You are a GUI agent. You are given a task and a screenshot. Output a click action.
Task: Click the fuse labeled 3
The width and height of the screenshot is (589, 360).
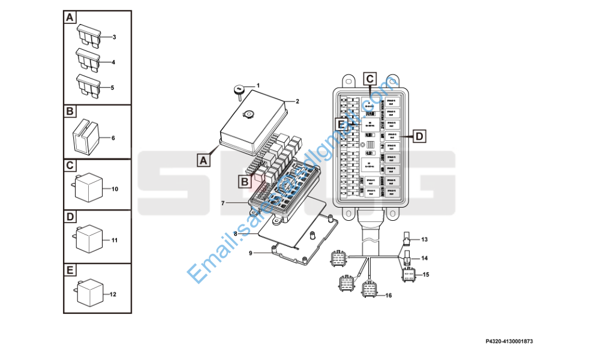point(87,35)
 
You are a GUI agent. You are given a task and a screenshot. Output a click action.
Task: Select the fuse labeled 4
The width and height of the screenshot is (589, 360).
point(87,60)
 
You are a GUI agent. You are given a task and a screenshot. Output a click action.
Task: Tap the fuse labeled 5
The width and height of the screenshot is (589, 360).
point(87,85)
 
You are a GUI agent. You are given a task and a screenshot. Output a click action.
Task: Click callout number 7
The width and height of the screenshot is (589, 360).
point(223,203)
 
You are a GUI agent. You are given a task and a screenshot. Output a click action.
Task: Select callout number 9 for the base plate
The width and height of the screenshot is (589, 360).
point(251,253)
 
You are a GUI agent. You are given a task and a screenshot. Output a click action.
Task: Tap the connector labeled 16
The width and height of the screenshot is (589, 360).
point(369,289)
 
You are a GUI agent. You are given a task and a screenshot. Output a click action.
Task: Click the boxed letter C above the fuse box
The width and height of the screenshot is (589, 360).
point(369,79)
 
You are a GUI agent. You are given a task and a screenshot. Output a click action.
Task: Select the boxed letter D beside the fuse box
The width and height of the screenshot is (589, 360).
point(419,137)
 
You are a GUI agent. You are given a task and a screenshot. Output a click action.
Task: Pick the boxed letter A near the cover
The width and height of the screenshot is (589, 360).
point(203,160)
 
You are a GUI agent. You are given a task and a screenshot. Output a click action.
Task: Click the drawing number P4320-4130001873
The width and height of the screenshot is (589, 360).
point(509,341)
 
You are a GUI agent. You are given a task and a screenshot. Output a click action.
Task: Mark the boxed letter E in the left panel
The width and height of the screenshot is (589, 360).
point(70,270)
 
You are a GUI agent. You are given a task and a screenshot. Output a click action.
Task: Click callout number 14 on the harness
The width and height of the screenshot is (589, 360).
point(424,258)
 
